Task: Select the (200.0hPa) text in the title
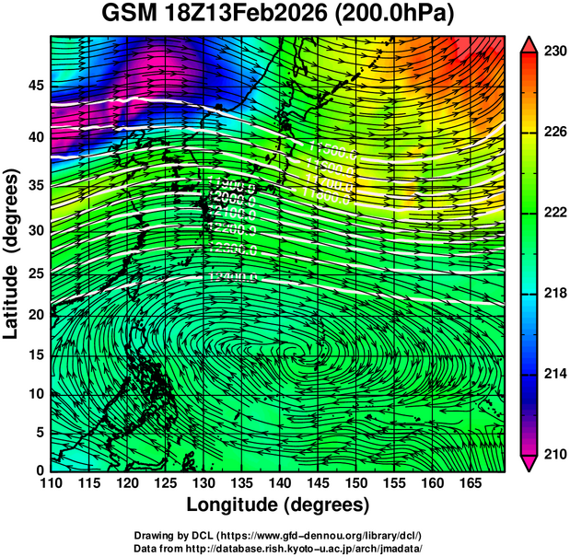pyautogui.click(x=394, y=15)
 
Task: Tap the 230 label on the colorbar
pyautogui.click(x=553, y=52)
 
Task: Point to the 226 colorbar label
pyautogui.click(x=553, y=133)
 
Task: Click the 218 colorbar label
pyautogui.click(x=553, y=294)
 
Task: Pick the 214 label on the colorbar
pyautogui.click(x=553, y=374)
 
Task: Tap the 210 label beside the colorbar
pyautogui.click(x=553, y=454)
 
